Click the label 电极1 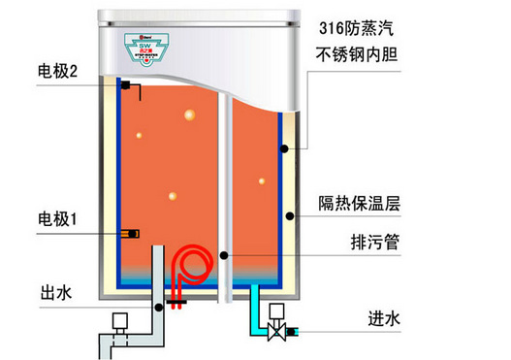coord(58,219)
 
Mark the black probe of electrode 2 coord(127,85)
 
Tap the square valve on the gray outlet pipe coord(121,320)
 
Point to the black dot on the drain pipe coord(224,254)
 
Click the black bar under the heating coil coord(177,303)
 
